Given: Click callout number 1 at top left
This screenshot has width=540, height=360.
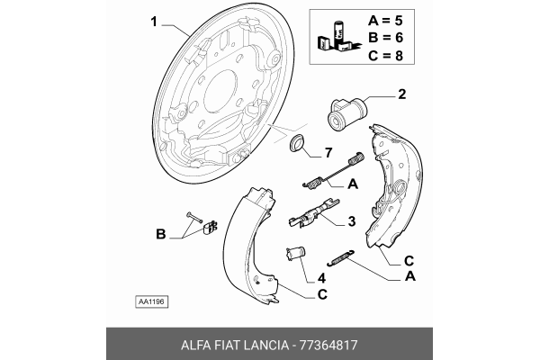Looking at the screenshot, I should click(154, 22).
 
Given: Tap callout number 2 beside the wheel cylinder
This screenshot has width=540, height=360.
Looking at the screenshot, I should click(401, 93).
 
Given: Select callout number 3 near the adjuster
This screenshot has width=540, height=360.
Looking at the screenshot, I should click(351, 220).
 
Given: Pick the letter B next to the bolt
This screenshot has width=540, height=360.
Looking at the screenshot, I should click(161, 235).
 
